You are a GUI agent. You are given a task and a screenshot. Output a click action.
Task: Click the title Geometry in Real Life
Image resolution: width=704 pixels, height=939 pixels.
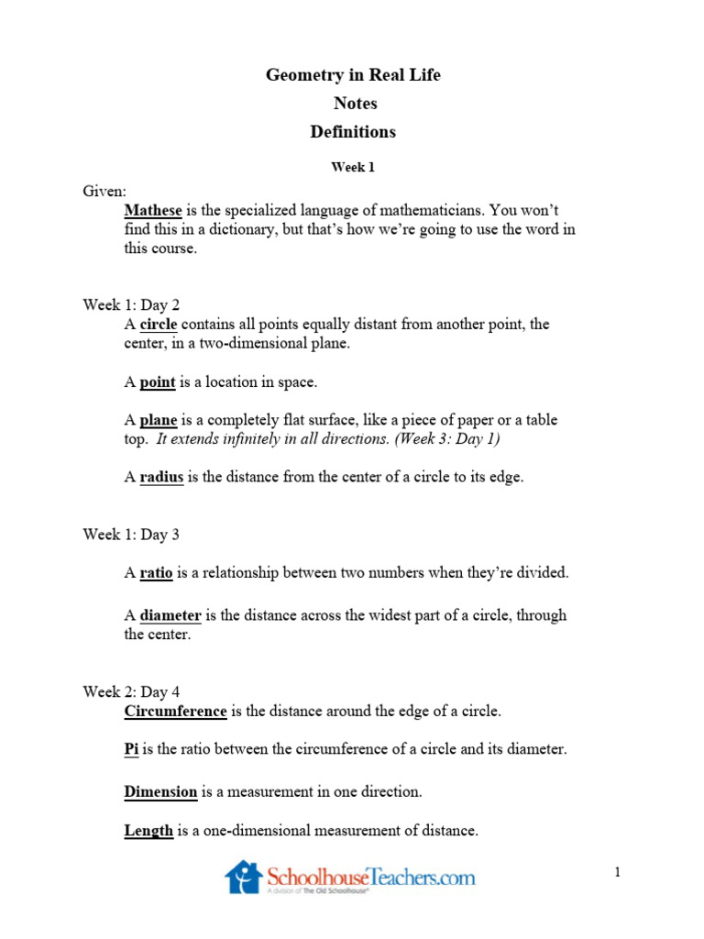click(353, 75)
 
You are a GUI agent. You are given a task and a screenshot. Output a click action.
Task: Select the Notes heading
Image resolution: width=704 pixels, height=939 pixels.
click(355, 104)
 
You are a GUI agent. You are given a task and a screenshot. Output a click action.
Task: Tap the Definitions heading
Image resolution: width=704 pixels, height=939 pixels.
click(353, 132)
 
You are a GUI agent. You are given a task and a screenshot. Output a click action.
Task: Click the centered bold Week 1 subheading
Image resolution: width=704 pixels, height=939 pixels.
click(353, 168)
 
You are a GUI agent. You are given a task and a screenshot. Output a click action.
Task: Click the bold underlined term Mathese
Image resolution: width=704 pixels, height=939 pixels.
click(153, 210)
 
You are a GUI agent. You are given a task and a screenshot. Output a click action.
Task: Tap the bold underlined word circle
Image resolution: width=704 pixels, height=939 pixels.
click(158, 325)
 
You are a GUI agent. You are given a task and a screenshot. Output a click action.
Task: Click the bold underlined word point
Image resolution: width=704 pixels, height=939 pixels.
click(158, 381)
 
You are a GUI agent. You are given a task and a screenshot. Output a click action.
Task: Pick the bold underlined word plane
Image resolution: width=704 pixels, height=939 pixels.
click(159, 420)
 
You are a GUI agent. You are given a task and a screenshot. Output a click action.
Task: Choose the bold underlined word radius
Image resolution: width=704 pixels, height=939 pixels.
click(161, 478)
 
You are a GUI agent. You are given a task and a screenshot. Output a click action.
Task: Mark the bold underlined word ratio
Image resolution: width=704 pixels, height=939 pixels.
click(156, 573)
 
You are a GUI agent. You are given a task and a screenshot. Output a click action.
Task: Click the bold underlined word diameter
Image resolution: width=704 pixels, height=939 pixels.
click(170, 615)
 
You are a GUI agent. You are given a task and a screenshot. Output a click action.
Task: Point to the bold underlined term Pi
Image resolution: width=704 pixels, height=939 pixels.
click(131, 749)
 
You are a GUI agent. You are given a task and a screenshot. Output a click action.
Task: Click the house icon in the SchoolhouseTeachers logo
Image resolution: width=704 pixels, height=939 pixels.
click(243, 877)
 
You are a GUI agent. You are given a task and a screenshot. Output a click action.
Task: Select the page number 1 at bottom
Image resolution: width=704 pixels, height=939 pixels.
click(618, 873)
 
